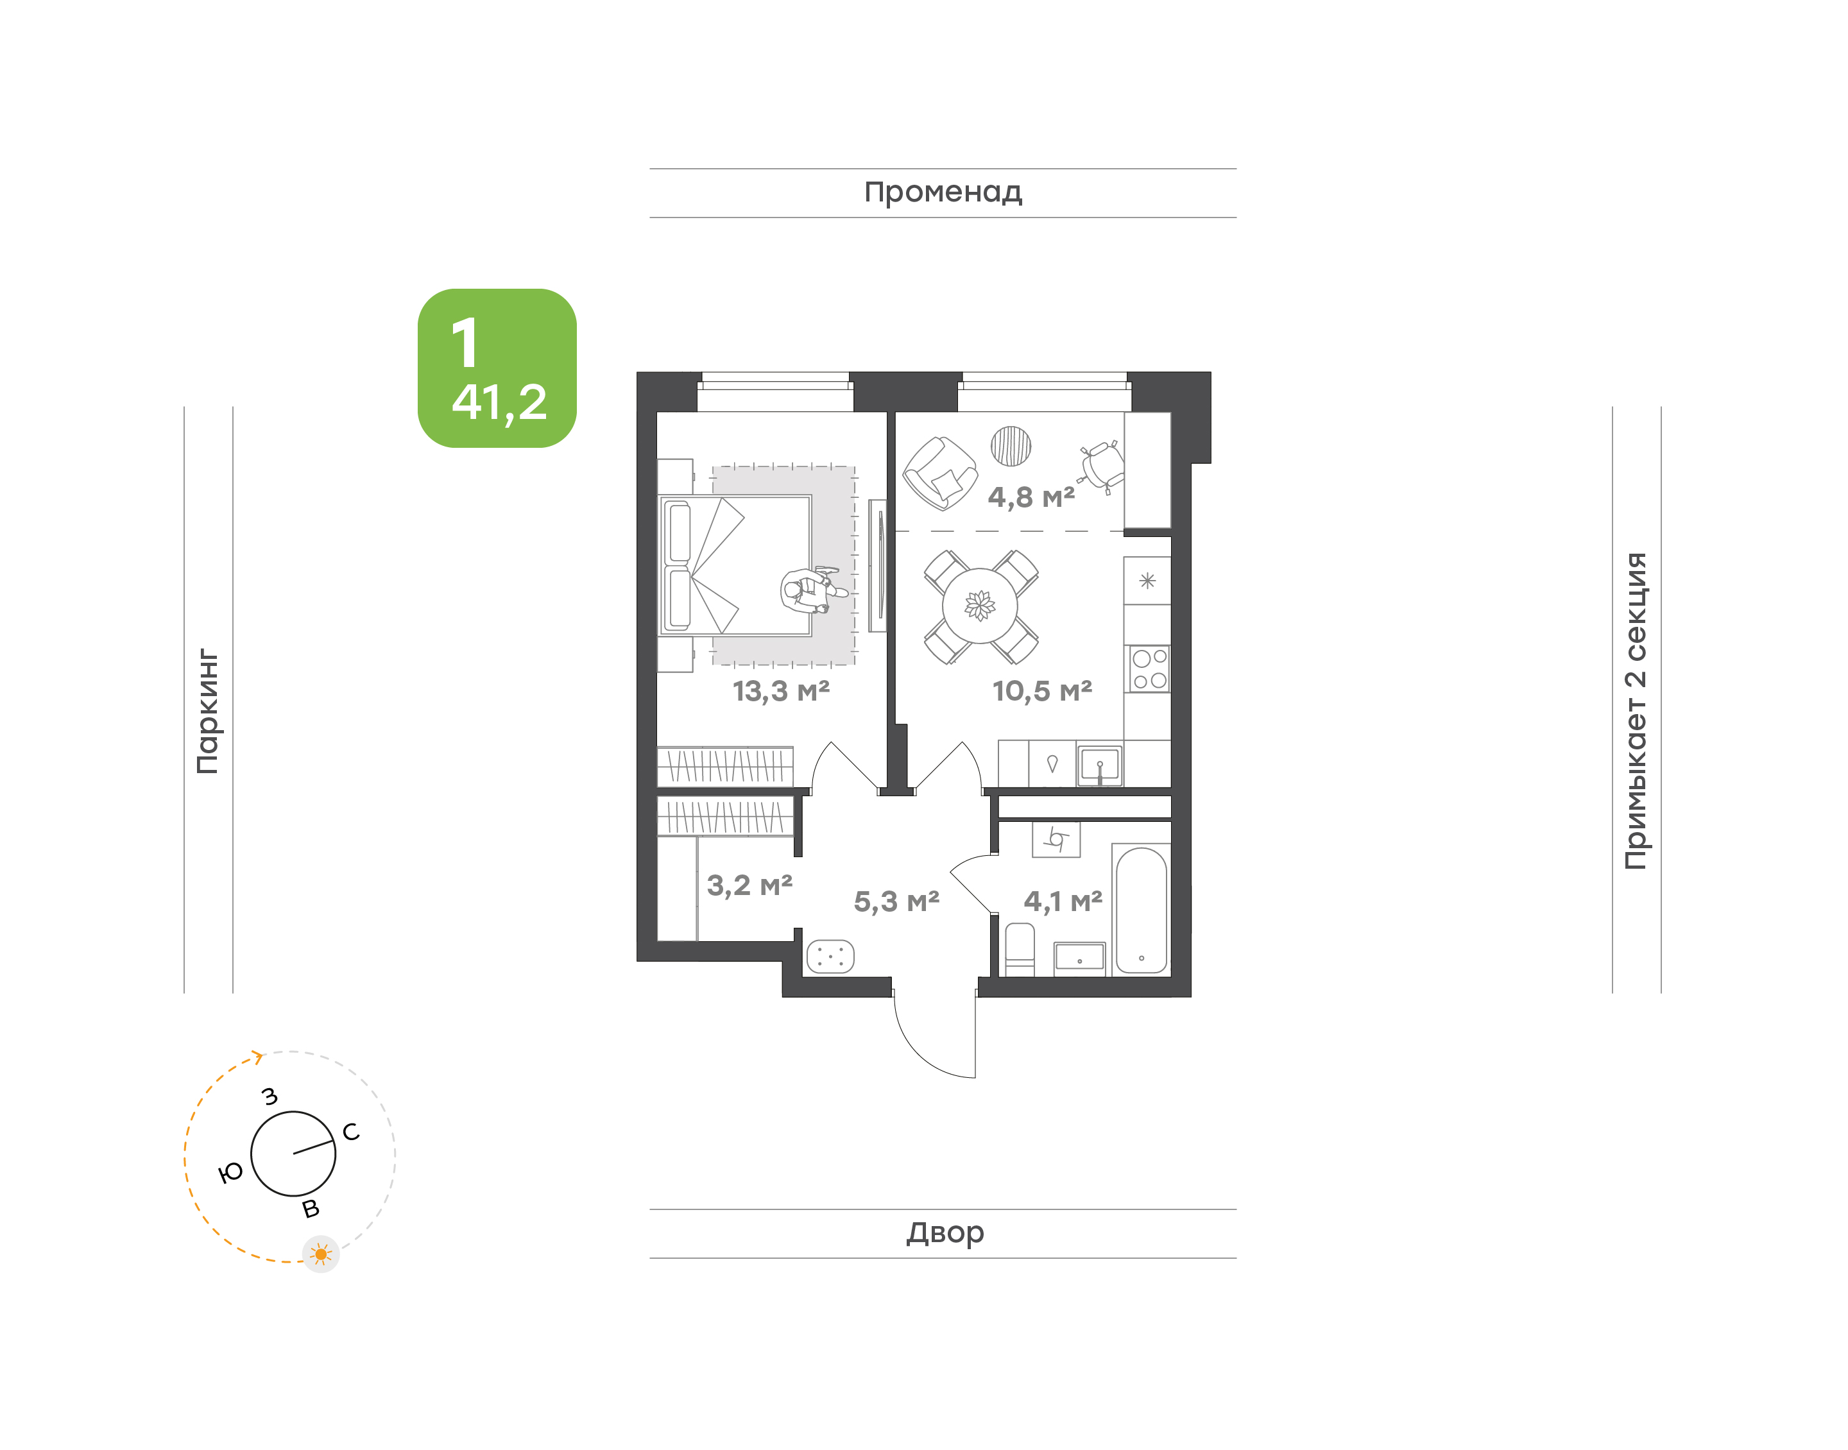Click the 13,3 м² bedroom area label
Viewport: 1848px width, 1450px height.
pyautogui.click(x=781, y=691)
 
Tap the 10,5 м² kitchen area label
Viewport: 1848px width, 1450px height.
pyautogui.click(x=1043, y=691)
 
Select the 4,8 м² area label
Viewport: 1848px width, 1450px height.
pyautogui.click(x=1031, y=497)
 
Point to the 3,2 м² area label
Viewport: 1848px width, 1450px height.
pyautogui.click(x=749, y=885)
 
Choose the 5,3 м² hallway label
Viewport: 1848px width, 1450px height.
pyautogui.click(x=896, y=901)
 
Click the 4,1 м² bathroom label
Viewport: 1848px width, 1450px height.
pyautogui.click(x=1063, y=901)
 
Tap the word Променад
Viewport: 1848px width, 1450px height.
pyautogui.click(x=943, y=192)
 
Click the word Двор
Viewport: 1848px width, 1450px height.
pyautogui.click(x=945, y=1232)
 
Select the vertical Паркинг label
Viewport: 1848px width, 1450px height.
pyautogui.click(x=207, y=712)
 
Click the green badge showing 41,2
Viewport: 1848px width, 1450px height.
pyautogui.click(x=497, y=368)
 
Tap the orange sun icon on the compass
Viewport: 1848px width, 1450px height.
pyautogui.click(x=321, y=1254)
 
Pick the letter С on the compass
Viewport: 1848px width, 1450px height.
pyautogui.click(x=350, y=1132)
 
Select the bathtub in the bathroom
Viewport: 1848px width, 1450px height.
pyautogui.click(x=1142, y=910)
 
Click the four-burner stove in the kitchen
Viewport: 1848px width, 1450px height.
pyautogui.click(x=1149, y=669)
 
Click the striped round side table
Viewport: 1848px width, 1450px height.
pyautogui.click(x=1011, y=446)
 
